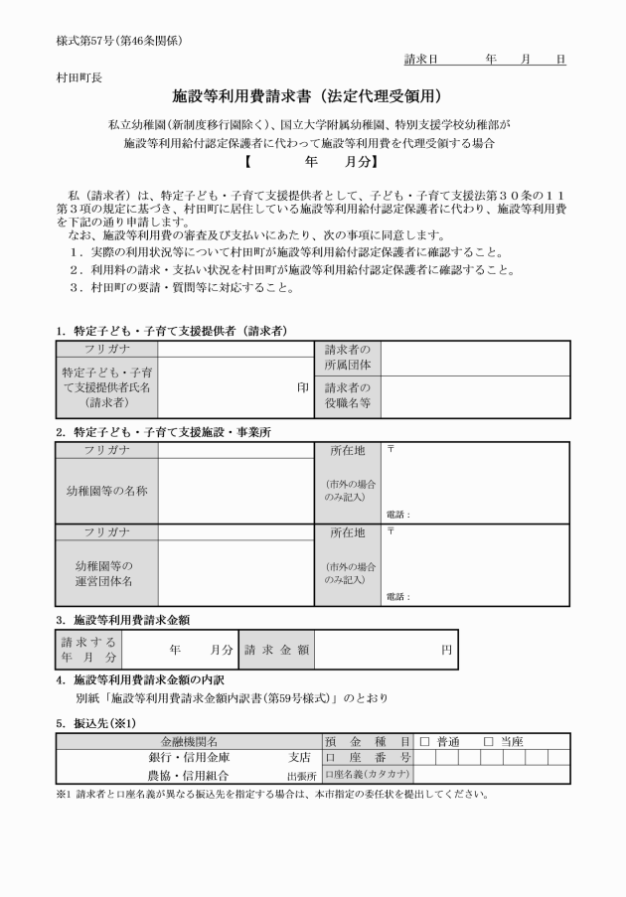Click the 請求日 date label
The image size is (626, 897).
(421, 60)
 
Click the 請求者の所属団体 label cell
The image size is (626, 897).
(348, 359)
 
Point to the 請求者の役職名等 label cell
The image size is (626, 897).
(348, 396)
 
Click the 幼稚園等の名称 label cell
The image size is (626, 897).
(106, 492)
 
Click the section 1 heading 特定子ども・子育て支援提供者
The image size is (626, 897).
(179, 331)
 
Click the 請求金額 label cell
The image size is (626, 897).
(276, 650)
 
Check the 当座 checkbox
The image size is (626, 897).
(487, 741)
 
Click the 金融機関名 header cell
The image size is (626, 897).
(189, 741)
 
